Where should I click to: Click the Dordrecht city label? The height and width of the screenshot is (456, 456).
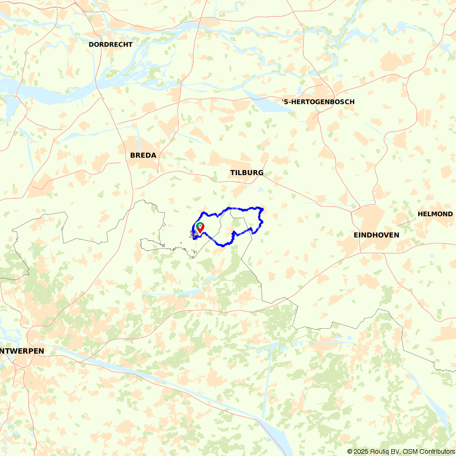click(x=111, y=44)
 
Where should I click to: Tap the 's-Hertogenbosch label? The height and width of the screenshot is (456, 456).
click(x=318, y=102)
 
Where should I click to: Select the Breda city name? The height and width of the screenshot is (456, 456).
click(x=143, y=155)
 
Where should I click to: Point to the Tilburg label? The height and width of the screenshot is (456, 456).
click(x=247, y=173)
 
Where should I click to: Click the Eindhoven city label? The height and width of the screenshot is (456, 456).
click(x=376, y=235)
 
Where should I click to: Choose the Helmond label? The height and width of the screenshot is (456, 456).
click(x=435, y=214)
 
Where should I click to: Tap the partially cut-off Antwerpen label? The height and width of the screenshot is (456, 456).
click(x=22, y=351)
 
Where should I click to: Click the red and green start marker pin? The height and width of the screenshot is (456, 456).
click(x=200, y=227)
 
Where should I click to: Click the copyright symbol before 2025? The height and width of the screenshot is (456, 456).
click(x=350, y=451)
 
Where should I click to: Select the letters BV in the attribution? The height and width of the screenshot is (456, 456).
click(x=396, y=451)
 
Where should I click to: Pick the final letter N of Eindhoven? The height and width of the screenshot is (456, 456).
click(x=396, y=235)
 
